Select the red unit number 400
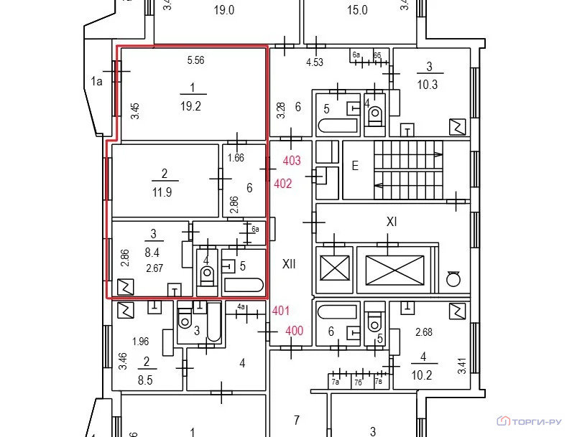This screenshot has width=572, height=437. pyautogui.click(x=294, y=331)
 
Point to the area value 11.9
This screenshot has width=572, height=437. pyautogui.click(x=165, y=192)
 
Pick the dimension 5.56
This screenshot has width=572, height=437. pyautogui.click(x=195, y=61)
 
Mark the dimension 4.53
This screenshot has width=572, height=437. pyautogui.click(x=315, y=62)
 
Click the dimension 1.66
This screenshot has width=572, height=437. pyautogui.click(x=236, y=158)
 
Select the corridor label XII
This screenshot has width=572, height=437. pyautogui.click(x=289, y=264)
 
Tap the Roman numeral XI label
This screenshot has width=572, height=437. pyautogui.click(x=392, y=222)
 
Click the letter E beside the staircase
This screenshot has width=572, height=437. pyautogui.click(x=354, y=164)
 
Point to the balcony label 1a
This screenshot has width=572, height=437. pyautogui.click(x=98, y=81)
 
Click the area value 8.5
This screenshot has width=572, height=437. pyautogui.click(x=147, y=381)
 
